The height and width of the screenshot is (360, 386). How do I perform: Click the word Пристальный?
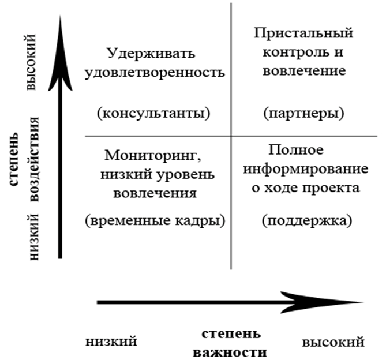point(303,33)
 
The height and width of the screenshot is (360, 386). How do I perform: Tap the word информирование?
point(305,169)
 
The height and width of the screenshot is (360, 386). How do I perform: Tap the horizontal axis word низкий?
point(111,342)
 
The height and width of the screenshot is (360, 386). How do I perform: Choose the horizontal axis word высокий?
point(333,342)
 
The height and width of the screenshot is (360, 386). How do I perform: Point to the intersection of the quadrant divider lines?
point(230,136)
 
